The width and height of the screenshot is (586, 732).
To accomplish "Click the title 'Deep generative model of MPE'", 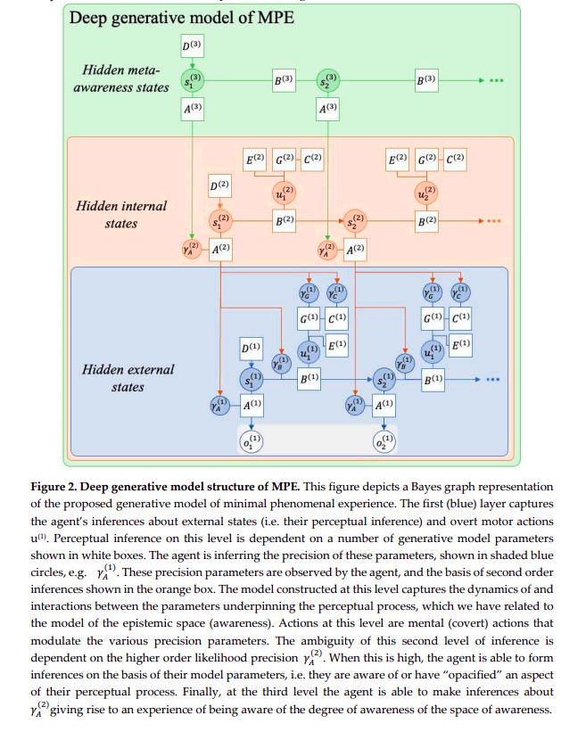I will pyautogui.click(x=182, y=18).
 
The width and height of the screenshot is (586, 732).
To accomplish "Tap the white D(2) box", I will pyautogui.click(x=220, y=185).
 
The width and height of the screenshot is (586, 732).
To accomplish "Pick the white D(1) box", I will pyautogui.click(x=252, y=346).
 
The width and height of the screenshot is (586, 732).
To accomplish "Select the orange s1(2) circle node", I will pyautogui.click(x=220, y=219).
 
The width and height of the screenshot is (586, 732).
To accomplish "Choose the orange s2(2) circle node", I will pyautogui.click(x=354, y=219).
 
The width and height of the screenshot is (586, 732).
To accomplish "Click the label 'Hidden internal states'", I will pyautogui.click(x=121, y=214).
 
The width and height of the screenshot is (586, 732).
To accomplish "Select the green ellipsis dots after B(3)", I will pyautogui.click(x=496, y=81).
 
